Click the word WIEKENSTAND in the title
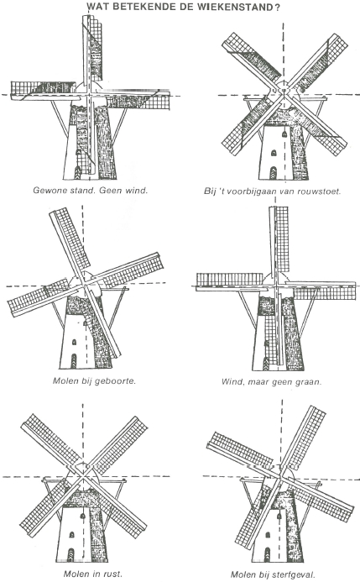click(x=233, y=8)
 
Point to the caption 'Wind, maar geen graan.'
click(x=274, y=380)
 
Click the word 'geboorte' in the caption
click(x=114, y=380)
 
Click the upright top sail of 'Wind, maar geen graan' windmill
click(x=276, y=244)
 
